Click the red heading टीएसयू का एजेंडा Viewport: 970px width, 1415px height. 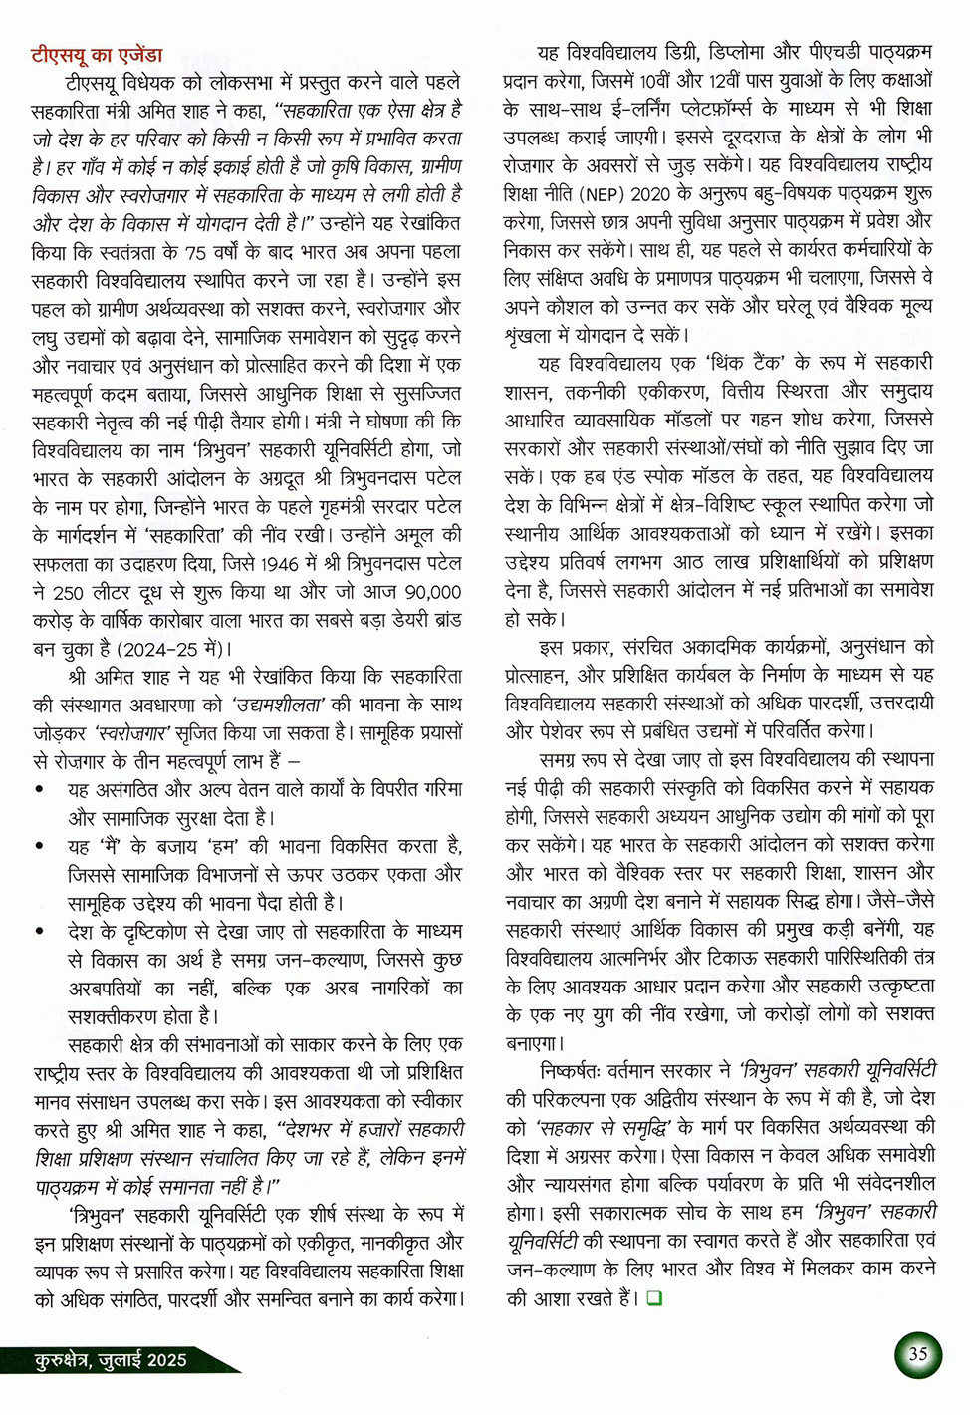[97, 54]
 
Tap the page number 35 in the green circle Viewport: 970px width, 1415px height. [917, 1354]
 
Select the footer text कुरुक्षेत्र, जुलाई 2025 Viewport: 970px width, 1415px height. [111, 1360]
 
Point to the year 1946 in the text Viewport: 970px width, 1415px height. [282, 563]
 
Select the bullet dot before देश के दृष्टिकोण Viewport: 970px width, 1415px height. [39, 932]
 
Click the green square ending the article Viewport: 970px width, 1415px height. [654, 1297]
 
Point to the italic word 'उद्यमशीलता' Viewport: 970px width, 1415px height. [278, 705]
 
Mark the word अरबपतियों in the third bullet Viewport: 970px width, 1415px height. [106, 989]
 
